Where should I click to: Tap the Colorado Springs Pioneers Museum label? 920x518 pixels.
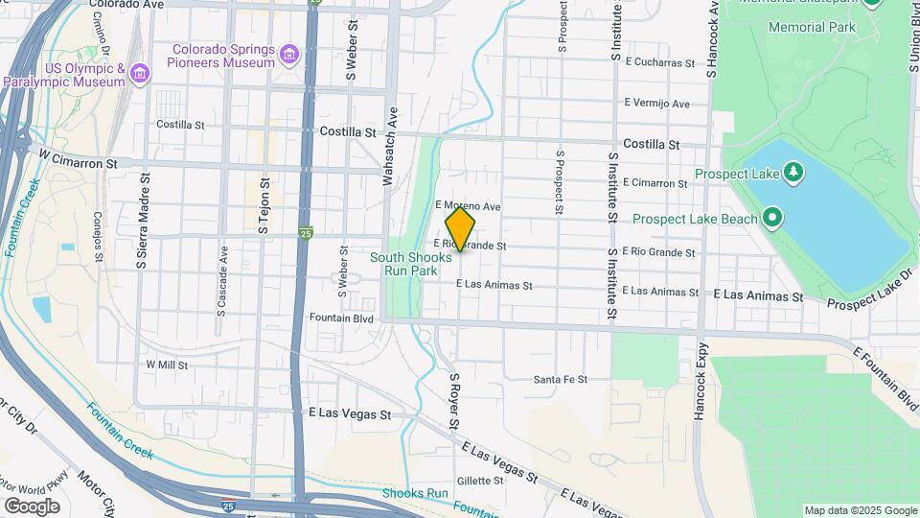point(223,57)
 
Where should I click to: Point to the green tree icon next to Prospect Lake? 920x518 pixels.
point(793,173)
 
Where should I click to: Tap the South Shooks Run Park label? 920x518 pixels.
point(411,264)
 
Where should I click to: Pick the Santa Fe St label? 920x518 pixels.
point(560,380)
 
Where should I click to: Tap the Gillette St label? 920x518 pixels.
point(480,481)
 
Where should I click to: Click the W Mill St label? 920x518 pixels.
point(167,365)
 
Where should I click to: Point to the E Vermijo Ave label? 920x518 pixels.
point(656,103)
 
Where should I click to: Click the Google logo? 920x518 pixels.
point(32,506)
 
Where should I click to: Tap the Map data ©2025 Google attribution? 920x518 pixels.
point(861,510)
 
